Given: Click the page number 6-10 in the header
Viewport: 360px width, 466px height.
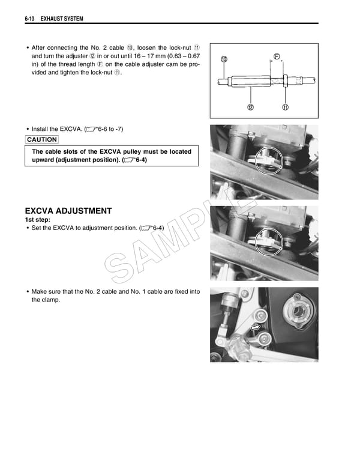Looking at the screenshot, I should click(x=31, y=20).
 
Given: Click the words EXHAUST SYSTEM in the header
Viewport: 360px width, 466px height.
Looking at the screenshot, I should click(x=62, y=20).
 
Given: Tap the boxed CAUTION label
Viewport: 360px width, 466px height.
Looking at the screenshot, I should click(x=42, y=139).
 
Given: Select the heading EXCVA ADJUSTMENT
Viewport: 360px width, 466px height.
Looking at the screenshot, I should click(x=68, y=211).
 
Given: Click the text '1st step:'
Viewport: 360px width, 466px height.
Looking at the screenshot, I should click(x=38, y=220).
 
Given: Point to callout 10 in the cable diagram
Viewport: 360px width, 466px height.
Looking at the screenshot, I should click(x=224, y=59).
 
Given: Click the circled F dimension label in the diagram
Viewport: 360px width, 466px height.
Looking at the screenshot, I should click(x=277, y=56).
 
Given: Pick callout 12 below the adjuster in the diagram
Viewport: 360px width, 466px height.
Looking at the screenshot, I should click(x=250, y=107).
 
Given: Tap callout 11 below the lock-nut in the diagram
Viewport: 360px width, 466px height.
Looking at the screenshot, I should click(x=286, y=107).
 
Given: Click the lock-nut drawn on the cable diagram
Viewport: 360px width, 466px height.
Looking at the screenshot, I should click(x=286, y=79).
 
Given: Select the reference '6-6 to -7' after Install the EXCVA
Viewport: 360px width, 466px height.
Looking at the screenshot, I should click(x=108, y=129).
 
